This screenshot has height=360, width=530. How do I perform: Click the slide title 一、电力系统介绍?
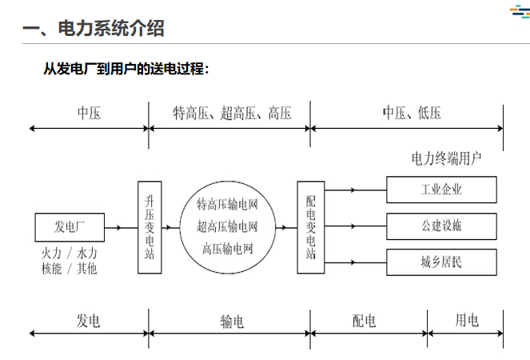coord(94,29)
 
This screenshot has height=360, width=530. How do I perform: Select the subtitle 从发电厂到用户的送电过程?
coord(126,69)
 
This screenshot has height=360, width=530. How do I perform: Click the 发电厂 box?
coord(70,227)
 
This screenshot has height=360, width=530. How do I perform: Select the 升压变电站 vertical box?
coord(149,227)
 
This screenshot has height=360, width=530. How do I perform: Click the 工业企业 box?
coord(441,190)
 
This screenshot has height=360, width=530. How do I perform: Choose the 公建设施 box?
coord(441,226)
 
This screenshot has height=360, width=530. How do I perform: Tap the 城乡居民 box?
coord(441,262)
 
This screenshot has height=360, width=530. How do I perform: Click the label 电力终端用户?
coord(447,158)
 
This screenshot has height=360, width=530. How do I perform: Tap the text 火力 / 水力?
coord(70,254)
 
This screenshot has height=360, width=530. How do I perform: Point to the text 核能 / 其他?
coord(70,269)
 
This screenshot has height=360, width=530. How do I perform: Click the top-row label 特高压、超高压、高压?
coord(232,113)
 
